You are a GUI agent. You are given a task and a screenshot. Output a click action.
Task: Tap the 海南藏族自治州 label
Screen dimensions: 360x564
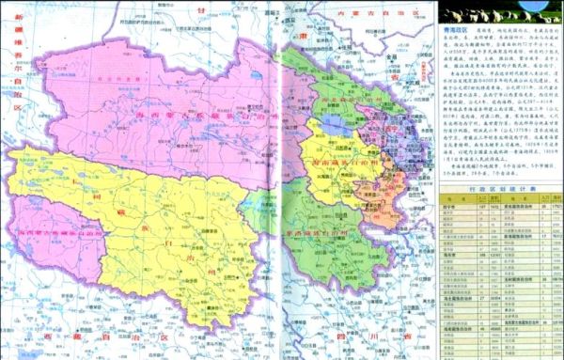coord(334,161)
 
